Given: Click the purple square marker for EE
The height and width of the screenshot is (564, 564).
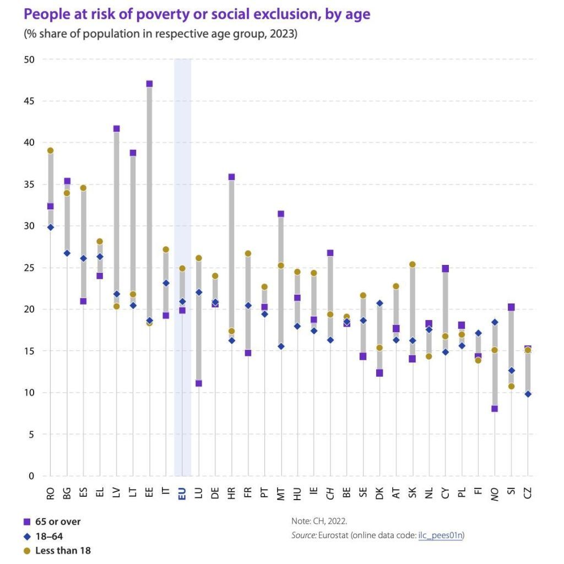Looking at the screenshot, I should pos(149,84).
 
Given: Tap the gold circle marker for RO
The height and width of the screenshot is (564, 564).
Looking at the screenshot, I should pos(50,150).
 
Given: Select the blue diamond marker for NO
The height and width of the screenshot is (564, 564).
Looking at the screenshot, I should pos(495,322).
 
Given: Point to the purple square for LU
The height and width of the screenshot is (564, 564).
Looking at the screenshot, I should pos(199,383).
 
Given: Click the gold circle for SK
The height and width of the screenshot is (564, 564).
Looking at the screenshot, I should pos(412,264).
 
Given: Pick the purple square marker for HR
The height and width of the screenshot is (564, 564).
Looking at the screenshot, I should pos(231,177).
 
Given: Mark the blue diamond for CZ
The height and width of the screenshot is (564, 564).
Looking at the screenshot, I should pos(528,394).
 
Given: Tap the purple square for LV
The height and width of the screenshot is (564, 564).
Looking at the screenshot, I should pos(116,129).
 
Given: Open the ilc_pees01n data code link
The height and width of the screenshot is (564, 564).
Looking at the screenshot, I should pos(440,535).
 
